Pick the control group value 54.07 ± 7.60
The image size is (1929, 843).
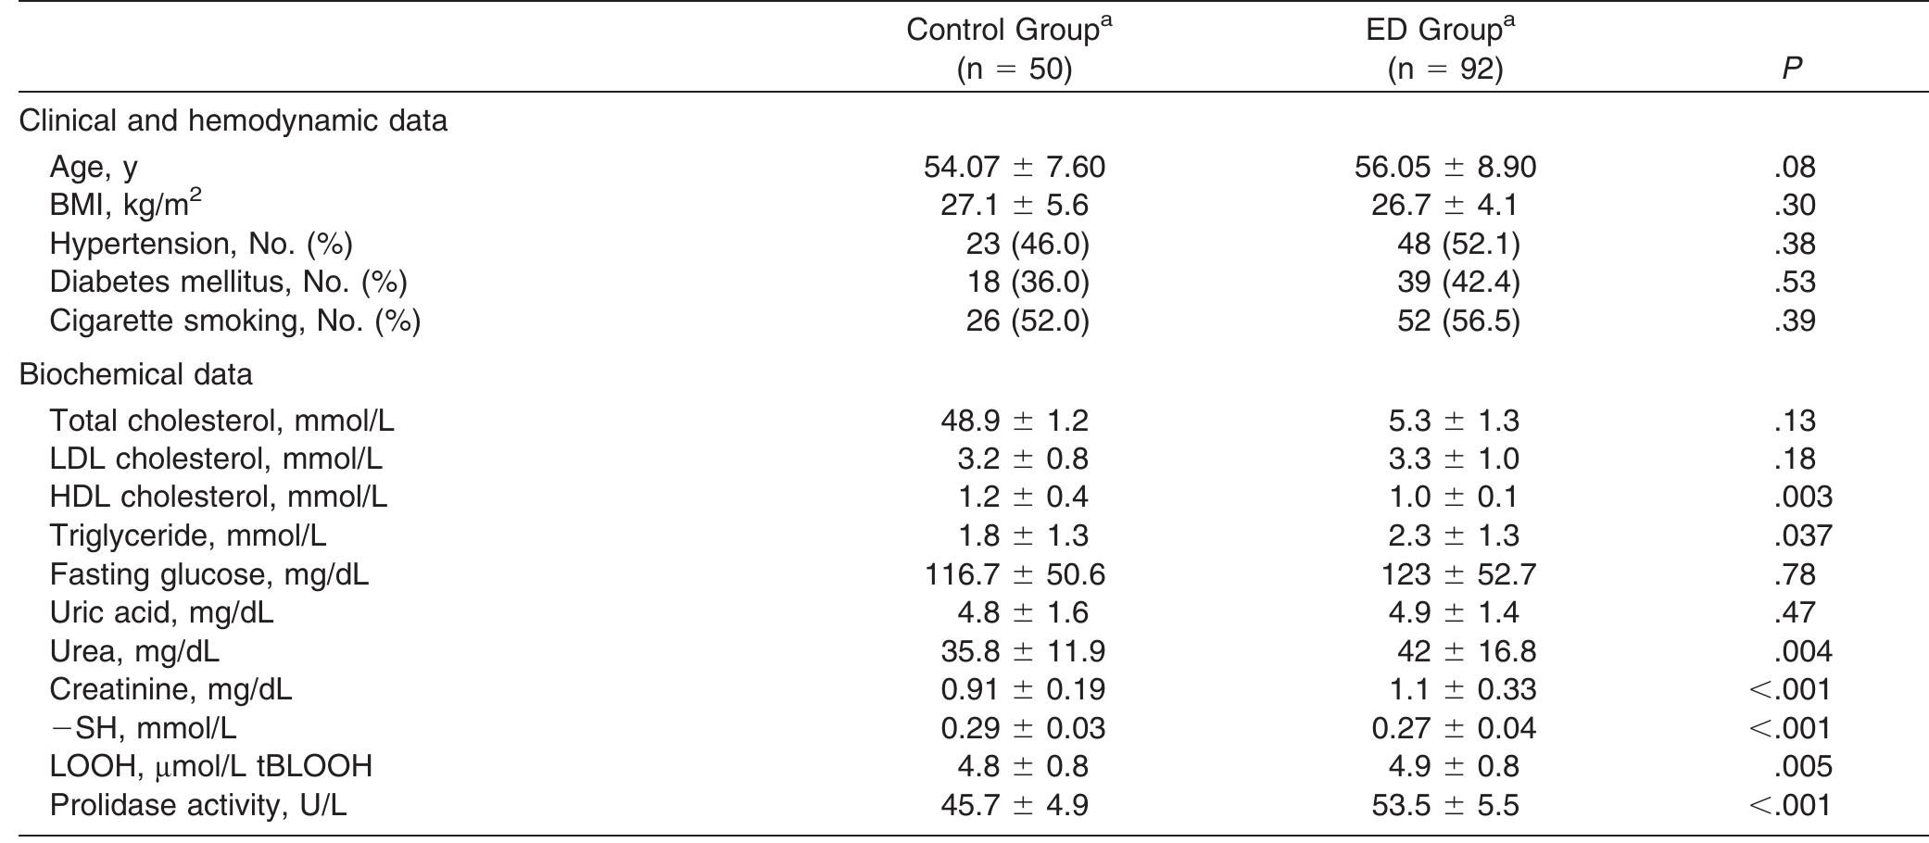1014,168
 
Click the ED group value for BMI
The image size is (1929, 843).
1444,206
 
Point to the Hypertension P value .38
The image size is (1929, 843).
1794,245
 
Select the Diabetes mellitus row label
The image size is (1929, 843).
228,283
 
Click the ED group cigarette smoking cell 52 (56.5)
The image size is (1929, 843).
1457,321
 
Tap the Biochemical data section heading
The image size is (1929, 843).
135,375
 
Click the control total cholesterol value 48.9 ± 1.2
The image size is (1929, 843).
1014,421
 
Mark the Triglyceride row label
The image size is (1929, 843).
187,536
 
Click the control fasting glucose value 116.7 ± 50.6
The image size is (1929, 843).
1014,575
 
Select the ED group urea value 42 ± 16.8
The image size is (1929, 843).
1466,652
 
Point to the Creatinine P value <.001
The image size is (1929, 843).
1790,690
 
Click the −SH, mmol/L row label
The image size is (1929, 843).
143,729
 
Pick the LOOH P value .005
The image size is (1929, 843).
1802,767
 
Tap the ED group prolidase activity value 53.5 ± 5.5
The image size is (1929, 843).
1444,806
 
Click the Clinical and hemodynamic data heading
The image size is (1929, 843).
233,121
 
